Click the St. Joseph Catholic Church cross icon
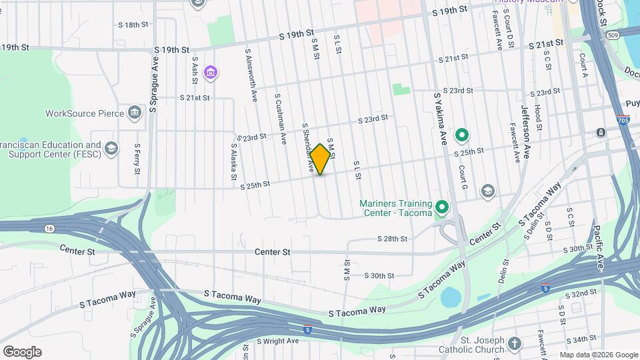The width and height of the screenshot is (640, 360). (514, 343)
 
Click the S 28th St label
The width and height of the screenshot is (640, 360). (392, 239)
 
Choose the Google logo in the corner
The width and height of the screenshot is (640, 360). (22, 351)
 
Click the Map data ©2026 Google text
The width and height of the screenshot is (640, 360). (598, 354)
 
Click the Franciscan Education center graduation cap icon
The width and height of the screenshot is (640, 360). (111, 148)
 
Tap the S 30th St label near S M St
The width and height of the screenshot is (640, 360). (380, 275)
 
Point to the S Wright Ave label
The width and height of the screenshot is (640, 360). (278, 341)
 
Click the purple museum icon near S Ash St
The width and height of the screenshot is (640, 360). (211, 72)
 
